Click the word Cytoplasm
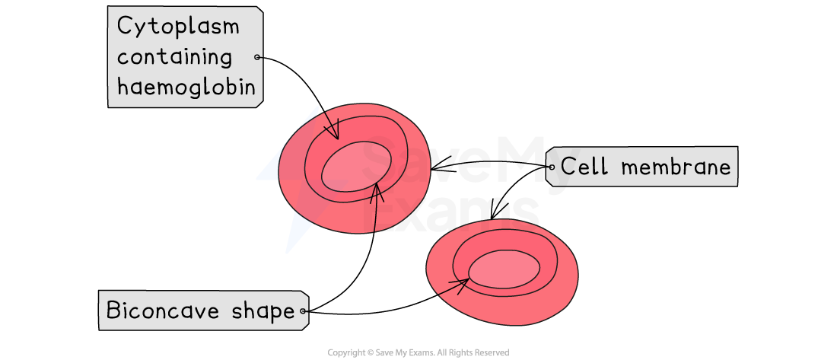(178, 27)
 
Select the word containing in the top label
(174, 57)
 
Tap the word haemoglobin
(186, 87)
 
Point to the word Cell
(584, 167)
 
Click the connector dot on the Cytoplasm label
(257, 57)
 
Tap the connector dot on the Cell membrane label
(551, 167)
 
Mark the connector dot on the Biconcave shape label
(303, 311)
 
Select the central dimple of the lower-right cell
(504, 269)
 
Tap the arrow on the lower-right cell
(454, 287)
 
